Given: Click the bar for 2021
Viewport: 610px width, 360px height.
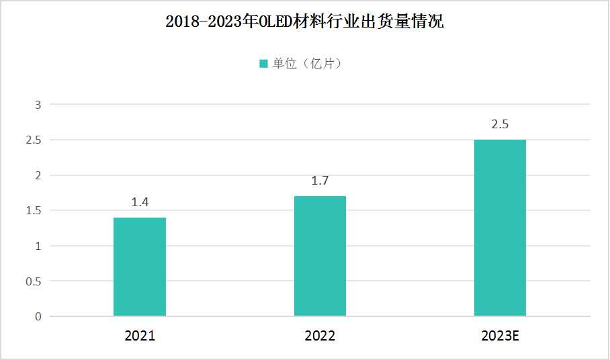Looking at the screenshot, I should pyautogui.click(x=140, y=267).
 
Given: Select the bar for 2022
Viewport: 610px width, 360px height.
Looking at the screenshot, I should pyautogui.click(x=320, y=256).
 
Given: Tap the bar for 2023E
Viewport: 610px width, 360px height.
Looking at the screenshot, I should pyautogui.click(x=500, y=228).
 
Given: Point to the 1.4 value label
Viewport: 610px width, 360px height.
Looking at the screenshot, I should pyautogui.click(x=140, y=202).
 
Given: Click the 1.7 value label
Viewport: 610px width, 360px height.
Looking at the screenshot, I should pyautogui.click(x=320, y=181).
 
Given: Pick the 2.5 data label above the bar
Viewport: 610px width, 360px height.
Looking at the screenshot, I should pyautogui.click(x=500, y=124).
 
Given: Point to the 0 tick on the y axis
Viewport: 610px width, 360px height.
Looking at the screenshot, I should pyautogui.click(x=38, y=316).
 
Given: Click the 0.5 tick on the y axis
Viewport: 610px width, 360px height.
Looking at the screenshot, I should pyautogui.click(x=34, y=281).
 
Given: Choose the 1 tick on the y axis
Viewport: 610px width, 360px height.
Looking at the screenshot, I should pyautogui.click(x=38, y=246).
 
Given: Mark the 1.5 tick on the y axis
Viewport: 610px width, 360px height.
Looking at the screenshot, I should pyautogui.click(x=34, y=211).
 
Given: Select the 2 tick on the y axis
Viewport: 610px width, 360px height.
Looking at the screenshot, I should pyautogui.click(x=38, y=175).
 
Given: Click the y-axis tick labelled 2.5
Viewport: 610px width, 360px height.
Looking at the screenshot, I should pyautogui.click(x=34, y=140).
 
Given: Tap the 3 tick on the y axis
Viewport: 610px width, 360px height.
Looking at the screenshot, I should pyautogui.click(x=38, y=105).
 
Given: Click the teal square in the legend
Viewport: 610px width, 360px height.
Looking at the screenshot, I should pyautogui.click(x=264, y=64).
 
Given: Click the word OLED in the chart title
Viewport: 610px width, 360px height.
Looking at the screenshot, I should pyautogui.click(x=287, y=22).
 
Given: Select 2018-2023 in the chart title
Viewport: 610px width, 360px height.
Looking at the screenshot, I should pyautogui.click(x=205, y=22).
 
